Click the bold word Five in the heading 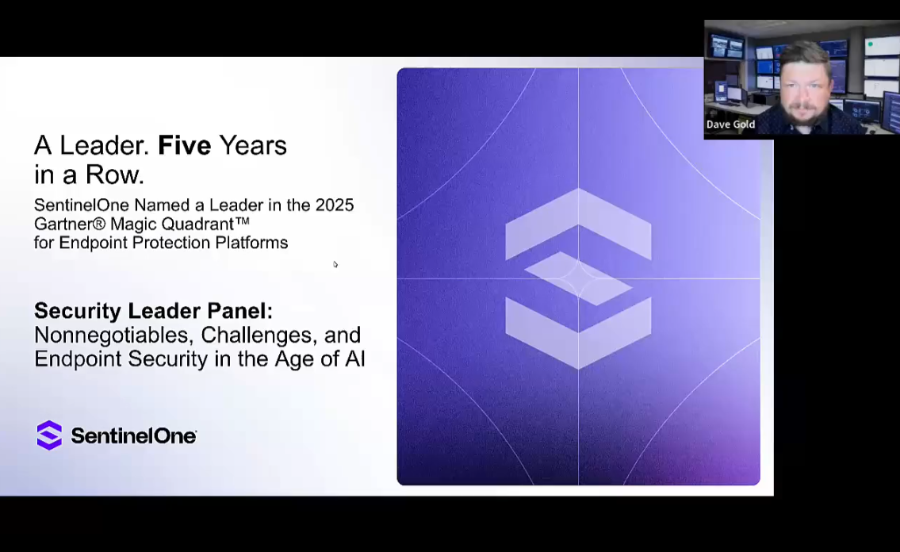pyautogui.click(x=184, y=146)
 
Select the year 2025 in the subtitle pyautogui.click(x=334, y=205)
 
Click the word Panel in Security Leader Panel pyautogui.click(x=239, y=311)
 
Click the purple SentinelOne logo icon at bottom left pyautogui.click(x=49, y=435)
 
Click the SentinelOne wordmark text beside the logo pyautogui.click(x=133, y=436)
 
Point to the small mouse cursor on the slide pyautogui.click(x=335, y=264)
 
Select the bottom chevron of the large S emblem pyautogui.click(x=578, y=333)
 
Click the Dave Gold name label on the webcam pyautogui.click(x=730, y=125)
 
